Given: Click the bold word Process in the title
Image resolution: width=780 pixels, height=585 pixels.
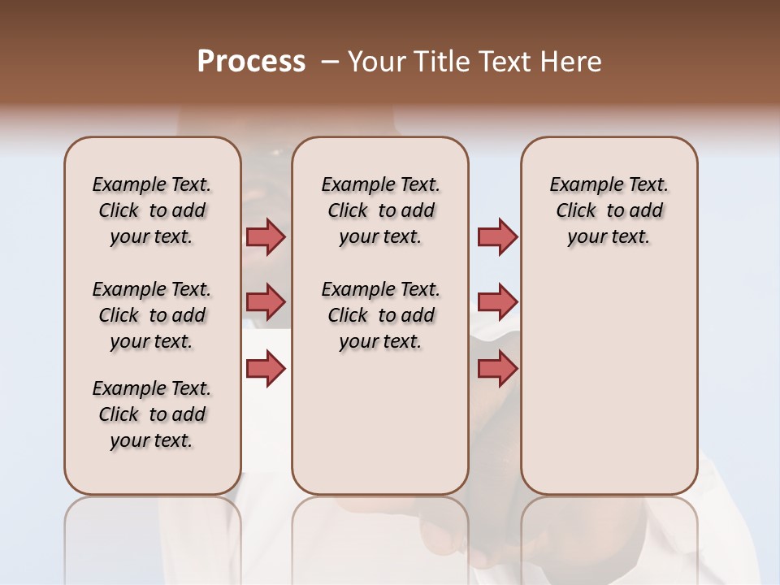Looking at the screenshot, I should [x=251, y=62].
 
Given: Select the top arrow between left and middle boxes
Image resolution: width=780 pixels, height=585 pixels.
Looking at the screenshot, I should [x=266, y=236].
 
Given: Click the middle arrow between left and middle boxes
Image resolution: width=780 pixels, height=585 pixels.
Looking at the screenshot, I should [x=266, y=302].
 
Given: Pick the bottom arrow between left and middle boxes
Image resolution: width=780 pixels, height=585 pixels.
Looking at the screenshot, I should [x=266, y=369].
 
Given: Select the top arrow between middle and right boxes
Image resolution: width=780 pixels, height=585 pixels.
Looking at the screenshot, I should [x=497, y=236].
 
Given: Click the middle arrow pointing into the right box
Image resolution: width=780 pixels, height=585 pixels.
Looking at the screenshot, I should [x=497, y=302].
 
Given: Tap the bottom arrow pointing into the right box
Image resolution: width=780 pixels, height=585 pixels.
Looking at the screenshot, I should [x=497, y=369].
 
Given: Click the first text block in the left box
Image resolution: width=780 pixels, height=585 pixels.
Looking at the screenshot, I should [x=152, y=210].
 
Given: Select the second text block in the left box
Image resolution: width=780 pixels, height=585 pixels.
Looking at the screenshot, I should [x=152, y=315].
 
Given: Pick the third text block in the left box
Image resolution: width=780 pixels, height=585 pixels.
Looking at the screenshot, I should [x=152, y=414].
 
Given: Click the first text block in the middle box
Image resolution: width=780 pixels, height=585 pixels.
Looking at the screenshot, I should [x=380, y=210].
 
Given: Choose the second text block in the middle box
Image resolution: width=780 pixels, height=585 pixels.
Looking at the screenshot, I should [x=380, y=315].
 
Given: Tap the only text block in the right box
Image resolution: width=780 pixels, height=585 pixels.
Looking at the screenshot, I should [x=609, y=210].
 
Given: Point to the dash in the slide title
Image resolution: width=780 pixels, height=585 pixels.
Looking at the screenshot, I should [x=330, y=62].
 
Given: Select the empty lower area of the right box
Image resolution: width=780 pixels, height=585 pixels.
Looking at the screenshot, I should [x=609, y=382].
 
